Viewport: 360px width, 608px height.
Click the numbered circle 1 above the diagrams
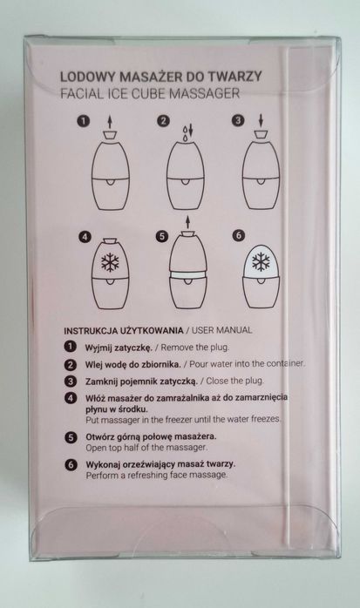pyautogui.click(x=83, y=121)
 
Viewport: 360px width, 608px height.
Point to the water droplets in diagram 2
pyautogui.click(x=187, y=132)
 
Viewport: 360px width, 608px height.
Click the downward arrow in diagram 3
pyautogui.click(x=261, y=120)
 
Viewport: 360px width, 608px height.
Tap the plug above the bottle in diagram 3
pyautogui.click(x=261, y=135)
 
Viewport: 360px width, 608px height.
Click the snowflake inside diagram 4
pyautogui.click(x=110, y=262)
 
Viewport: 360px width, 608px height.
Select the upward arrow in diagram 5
pyautogui.click(x=187, y=222)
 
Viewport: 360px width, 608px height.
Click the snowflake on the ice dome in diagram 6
pyautogui.click(x=261, y=261)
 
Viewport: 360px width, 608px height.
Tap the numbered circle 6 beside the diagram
pyautogui.click(x=239, y=235)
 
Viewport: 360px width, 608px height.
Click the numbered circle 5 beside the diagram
pyautogui.click(x=162, y=236)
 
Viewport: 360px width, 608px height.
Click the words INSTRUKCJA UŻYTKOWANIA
pyautogui.click(x=124, y=331)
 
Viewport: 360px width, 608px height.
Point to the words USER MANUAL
pyautogui.click(x=222, y=330)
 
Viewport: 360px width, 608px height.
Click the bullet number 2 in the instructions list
pyautogui.click(x=71, y=364)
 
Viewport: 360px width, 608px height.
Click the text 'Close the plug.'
pyautogui.click(x=235, y=381)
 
